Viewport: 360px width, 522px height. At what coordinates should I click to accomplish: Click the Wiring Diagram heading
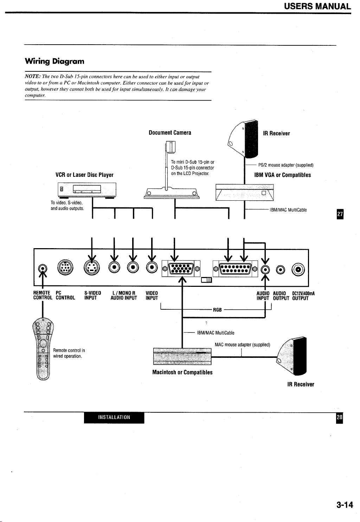54,61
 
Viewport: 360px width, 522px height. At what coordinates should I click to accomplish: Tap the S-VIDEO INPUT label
92,296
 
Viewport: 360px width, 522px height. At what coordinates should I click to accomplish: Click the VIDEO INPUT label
152,296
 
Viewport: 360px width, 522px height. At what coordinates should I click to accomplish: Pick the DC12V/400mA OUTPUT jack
298,269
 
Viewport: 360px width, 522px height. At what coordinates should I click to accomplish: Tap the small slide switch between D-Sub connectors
206,280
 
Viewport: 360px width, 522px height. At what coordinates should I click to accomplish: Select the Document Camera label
170,133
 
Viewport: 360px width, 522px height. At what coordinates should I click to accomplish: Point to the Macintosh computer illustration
182,356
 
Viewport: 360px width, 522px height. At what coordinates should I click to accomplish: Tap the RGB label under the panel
217,310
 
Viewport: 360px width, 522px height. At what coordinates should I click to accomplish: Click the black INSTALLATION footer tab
114,417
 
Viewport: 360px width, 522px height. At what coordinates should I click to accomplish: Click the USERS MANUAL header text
317,6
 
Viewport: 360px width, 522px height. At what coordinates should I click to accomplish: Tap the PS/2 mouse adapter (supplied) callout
286,165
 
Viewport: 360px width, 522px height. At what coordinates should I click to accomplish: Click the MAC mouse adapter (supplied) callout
242,344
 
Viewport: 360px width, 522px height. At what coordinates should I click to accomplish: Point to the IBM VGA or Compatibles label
282,175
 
